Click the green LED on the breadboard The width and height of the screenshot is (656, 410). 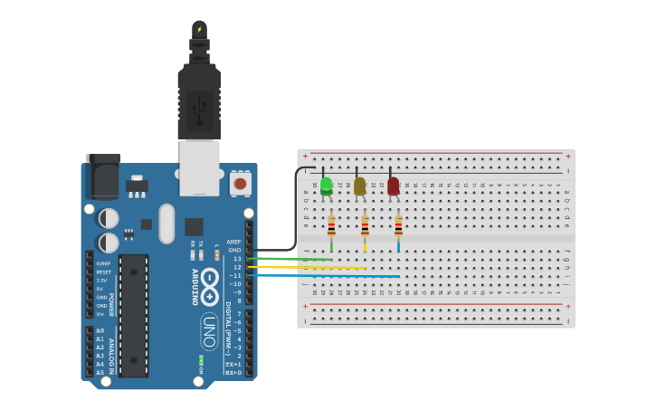click(x=326, y=186)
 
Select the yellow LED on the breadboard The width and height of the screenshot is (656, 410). click(x=360, y=186)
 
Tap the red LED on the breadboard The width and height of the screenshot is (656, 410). click(x=393, y=186)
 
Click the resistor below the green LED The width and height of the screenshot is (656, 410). click(x=331, y=225)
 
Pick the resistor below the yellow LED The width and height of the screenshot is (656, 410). click(x=365, y=225)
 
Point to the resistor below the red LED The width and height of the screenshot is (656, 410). click(x=398, y=225)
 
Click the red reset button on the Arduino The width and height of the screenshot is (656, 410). click(x=240, y=184)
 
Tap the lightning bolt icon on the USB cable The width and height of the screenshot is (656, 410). click(x=199, y=29)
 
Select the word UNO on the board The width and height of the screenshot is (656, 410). click(x=209, y=331)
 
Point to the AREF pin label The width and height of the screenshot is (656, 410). click(x=233, y=242)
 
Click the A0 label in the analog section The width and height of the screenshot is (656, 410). click(x=100, y=330)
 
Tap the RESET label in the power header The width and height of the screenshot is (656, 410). click(x=104, y=272)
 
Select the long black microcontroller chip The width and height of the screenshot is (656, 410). click(x=134, y=315)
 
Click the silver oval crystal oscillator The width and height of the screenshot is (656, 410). click(x=166, y=224)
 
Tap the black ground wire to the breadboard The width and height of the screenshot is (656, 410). click(x=294, y=217)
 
